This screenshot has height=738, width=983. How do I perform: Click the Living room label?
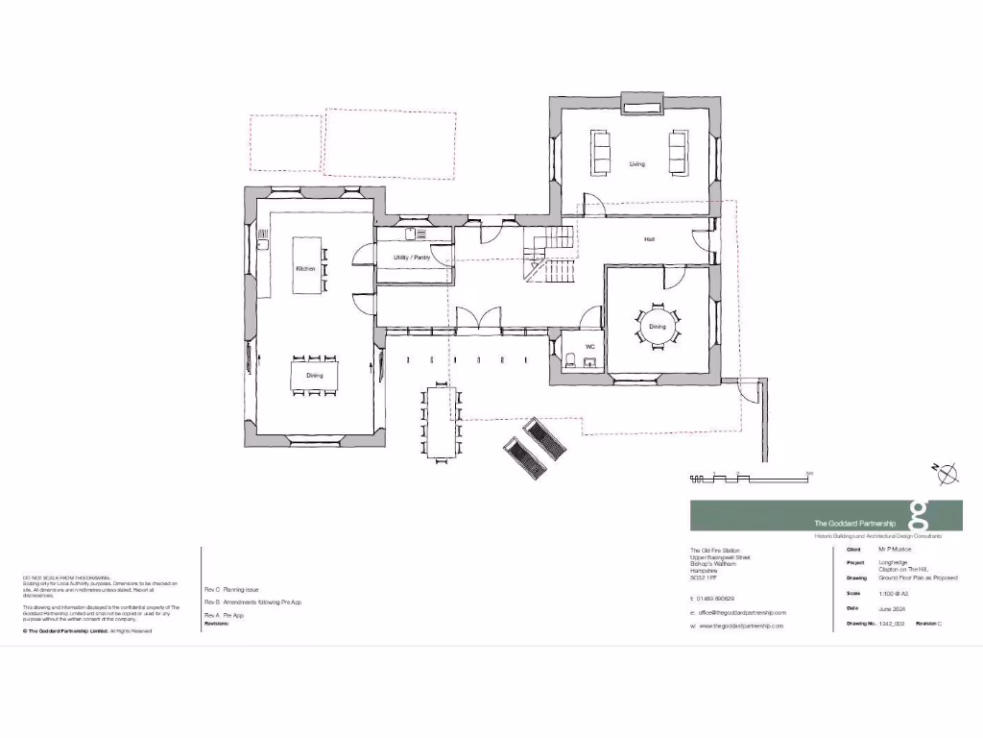point(637,164)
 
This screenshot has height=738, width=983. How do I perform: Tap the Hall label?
point(650,238)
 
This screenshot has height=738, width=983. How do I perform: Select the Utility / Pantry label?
point(411,258)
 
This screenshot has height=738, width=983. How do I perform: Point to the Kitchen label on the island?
point(305,269)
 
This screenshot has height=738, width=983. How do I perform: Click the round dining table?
point(658,327)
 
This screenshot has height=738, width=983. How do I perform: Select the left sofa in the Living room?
point(603,154)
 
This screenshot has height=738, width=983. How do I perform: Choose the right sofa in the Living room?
point(678,154)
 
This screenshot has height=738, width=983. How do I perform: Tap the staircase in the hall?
point(549,255)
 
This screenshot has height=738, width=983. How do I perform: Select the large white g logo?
point(919,515)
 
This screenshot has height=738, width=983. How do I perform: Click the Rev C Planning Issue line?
point(231,589)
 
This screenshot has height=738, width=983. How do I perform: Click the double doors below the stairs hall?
point(477,319)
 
